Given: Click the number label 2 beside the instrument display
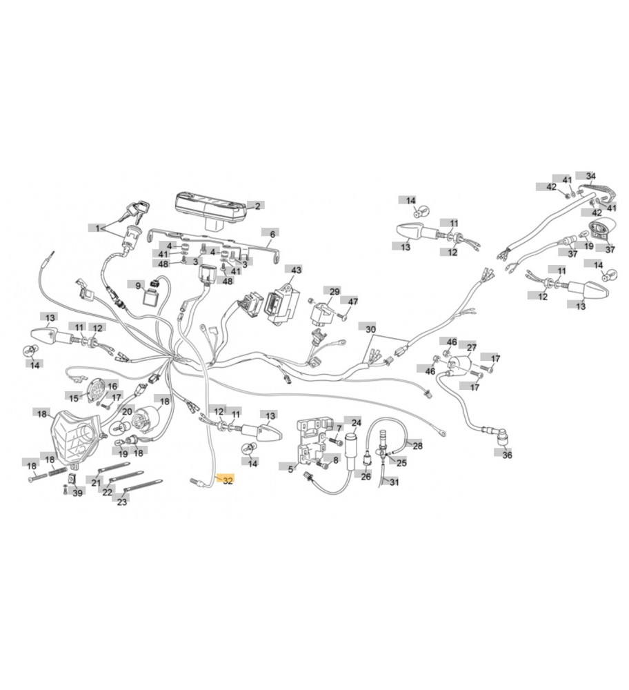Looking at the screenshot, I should (x=257, y=206).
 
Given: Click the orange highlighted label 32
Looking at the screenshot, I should (x=228, y=481).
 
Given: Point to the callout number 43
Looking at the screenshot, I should (x=297, y=270).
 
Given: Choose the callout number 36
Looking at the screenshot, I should (x=508, y=455).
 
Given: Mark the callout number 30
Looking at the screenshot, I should (x=371, y=330).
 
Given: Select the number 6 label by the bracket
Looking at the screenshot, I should (x=272, y=235).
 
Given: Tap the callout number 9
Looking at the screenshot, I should (x=138, y=286).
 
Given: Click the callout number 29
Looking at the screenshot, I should (x=335, y=292).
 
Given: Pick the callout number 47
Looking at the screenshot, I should (x=353, y=302).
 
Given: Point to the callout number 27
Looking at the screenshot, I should (x=472, y=347).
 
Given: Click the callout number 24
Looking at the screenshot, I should (x=356, y=422).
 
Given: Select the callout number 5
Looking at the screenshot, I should (x=290, y=467).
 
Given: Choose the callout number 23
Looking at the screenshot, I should (x=122, y=502).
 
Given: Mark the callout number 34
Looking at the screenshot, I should (x=590, y=176).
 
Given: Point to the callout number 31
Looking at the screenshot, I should (x=394, y=482).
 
